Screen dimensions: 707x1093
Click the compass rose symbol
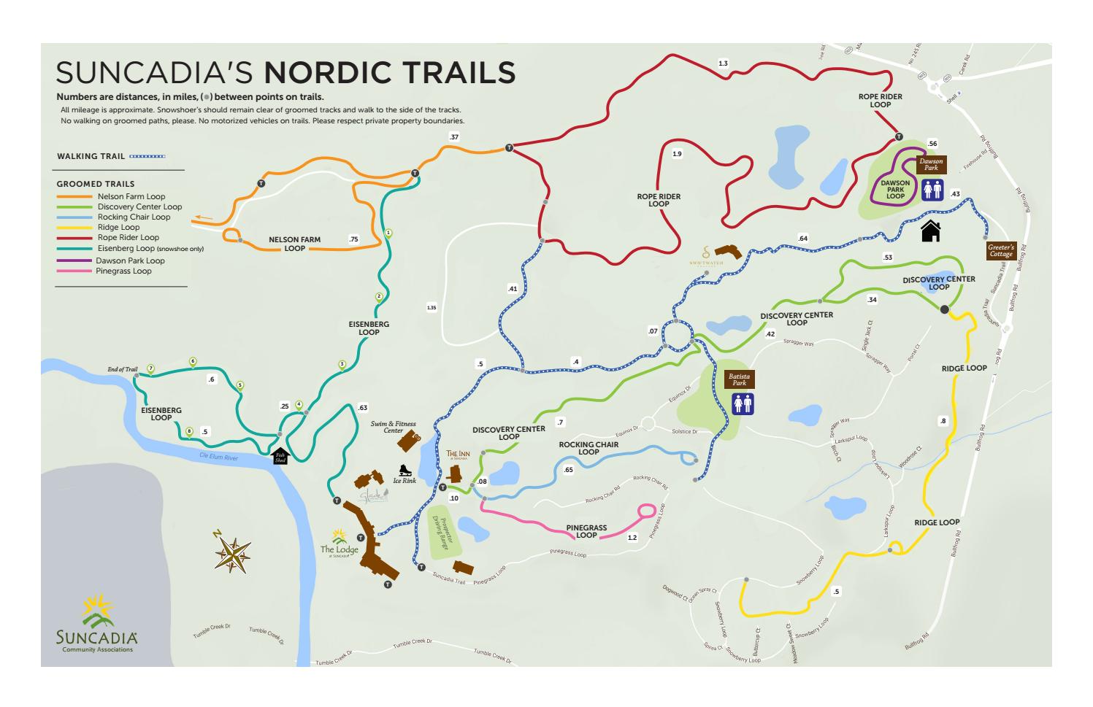click(233, 552)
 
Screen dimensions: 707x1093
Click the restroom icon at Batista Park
click(743, 403)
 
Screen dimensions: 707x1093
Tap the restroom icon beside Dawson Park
click(932, 190)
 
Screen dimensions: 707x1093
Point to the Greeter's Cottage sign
click(1000, 251)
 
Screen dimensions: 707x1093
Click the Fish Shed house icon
click(280, 456)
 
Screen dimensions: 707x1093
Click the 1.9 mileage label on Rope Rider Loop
click(677, 154)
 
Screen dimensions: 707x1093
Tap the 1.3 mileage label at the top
click(723, 63)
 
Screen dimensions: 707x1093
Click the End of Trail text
click(122, 369)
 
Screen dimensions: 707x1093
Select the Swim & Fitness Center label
click(393, 427)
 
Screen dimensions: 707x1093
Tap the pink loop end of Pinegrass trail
click(646, 511)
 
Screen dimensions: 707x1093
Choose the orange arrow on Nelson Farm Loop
click(204, 217)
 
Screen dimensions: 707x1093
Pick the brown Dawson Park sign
click(931, 164)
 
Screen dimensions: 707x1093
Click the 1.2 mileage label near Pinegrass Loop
click(632, 538)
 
